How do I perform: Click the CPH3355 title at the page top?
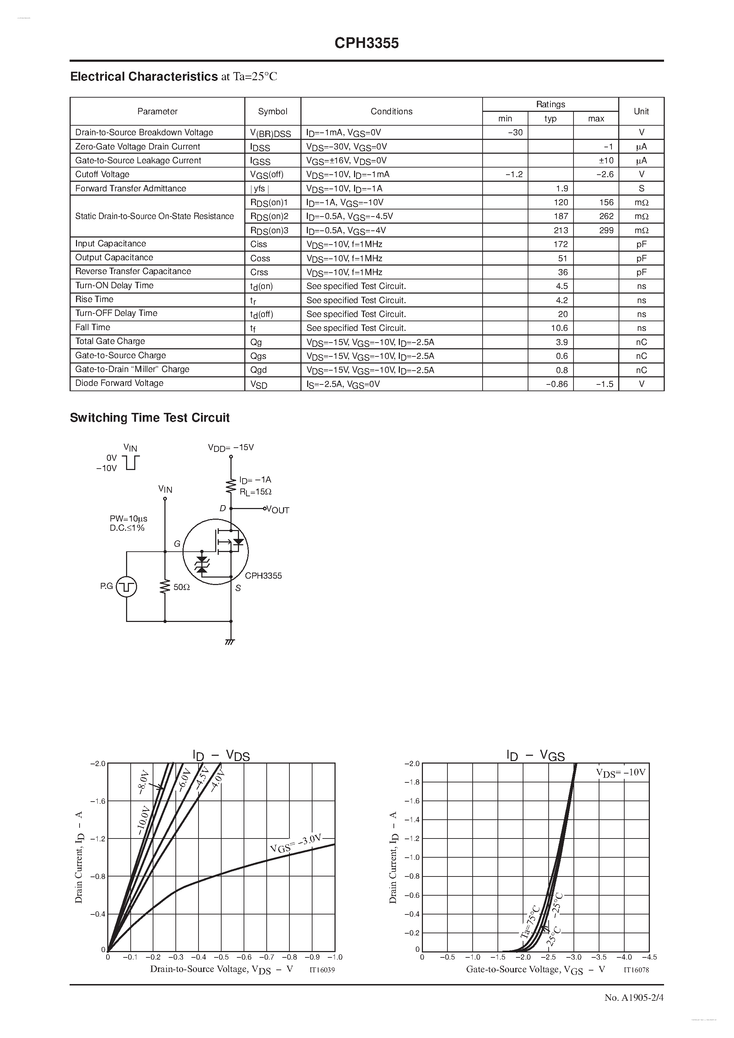pos(366,43)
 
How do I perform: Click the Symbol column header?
pos(272,111)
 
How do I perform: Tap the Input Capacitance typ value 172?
pos(560,244)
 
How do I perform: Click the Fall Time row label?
pos(93,327)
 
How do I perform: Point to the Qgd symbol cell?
pos(259,370)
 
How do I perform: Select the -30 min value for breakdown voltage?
pos(515,132)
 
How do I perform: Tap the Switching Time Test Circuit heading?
pos(150,418)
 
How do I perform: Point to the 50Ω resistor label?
pos(181,587)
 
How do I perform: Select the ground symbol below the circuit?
pos(230,641)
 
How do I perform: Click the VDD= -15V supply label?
pos(231,447)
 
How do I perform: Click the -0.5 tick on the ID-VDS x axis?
pos(221,957)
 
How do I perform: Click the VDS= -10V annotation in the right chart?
pos(620,772)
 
